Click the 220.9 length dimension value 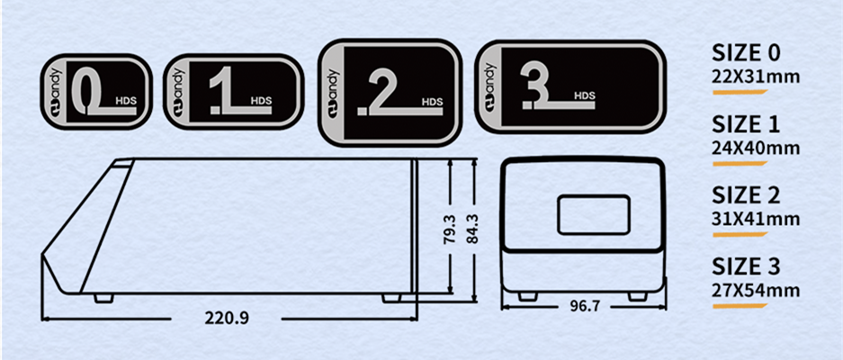227,318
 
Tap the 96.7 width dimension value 584,306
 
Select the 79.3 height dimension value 450,229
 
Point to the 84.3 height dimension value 472,229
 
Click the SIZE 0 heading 746,53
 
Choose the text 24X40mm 756,148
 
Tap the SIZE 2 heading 746,194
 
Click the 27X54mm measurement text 756,291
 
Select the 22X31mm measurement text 756,77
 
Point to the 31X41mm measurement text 756,220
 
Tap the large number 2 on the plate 384,94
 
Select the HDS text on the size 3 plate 585,95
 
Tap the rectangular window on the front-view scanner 594,215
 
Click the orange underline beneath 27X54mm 740,306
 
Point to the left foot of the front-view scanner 527,296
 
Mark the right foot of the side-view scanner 391,298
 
